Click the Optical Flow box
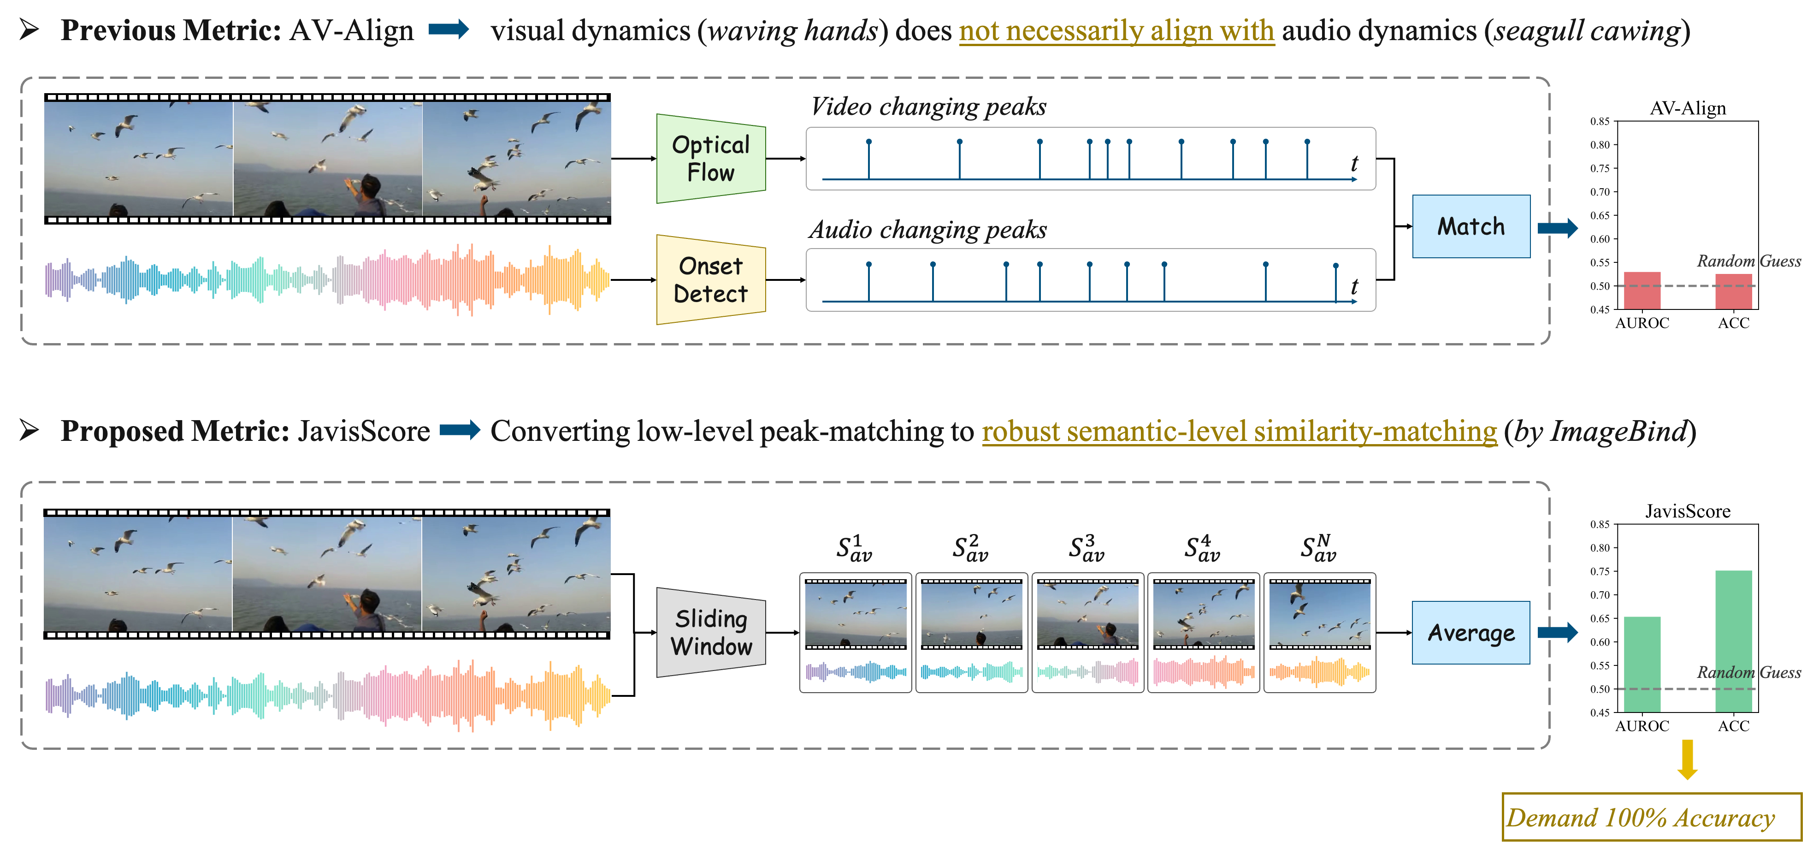coord(711,158)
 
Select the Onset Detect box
coord(711,279)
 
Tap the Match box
coord(1471,227)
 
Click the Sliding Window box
coord(711,632)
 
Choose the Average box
coord(1471,633)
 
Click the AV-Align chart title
coord(1688,108)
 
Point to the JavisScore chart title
coord(1688,511)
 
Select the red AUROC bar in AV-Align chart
coord(1642,291)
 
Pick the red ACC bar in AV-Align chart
coord(1733,291)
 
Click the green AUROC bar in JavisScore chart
coord(1642,664)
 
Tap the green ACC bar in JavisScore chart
coord(1733,641)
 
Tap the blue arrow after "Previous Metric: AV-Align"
coord(449,30)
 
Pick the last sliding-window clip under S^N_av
coord(1320,632)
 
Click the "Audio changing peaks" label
coord(927,230)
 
